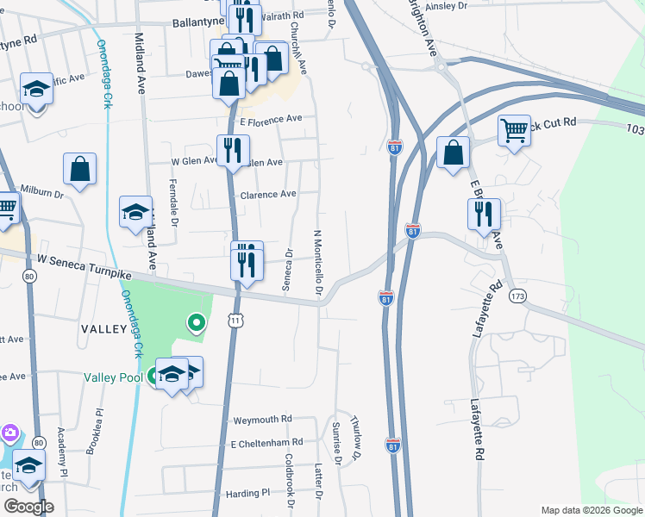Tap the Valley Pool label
click(x=111, y=377)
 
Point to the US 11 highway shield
click(x=235, y=321)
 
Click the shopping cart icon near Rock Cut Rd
click(x=513, y=131)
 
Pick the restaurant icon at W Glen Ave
click(x=231, y=151)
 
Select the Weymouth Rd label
click(x=263, y=420)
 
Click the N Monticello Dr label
click(x=317, y=264)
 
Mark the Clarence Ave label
click(x=268, y=195)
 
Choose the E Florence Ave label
click(x=271, y=119)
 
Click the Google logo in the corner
click(x=29, y=506)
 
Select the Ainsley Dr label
click(x=446, y=6)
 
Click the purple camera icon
click(x=9, y=432)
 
